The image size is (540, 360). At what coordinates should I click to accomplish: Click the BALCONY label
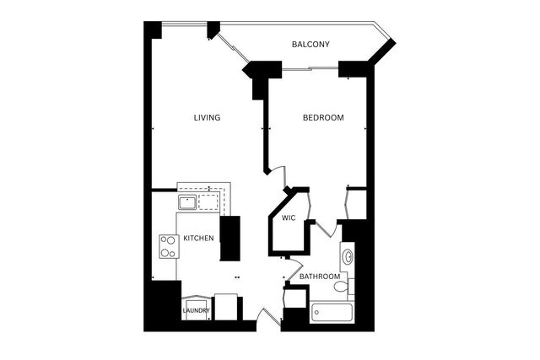[x=310, y=45]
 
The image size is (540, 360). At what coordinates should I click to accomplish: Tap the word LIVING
[x=207, y=118]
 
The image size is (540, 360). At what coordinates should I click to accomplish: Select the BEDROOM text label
[x=323, y=118]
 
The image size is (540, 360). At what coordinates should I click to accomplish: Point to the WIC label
[x=288, y=218]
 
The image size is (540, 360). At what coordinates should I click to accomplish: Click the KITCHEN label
[x=198, y=239]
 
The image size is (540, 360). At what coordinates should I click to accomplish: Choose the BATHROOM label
[x=320, y=277]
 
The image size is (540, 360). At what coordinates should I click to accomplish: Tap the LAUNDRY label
[x=196, y=311]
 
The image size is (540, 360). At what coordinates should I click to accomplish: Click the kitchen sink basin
[x=187, y=202]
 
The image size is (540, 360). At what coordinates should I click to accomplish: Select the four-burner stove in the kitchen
[x=166, y=245]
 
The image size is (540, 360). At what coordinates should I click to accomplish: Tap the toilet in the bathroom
[x=342, y=287]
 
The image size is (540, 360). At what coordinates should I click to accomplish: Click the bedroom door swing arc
[x=277, y=170]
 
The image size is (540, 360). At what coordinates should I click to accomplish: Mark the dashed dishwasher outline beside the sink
[x=208, y=201]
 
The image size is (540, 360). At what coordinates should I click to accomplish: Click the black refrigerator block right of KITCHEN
[x=229, y=239]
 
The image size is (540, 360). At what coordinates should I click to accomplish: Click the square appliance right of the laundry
[x=226, y=306]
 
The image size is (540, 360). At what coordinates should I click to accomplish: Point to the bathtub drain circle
[x=316, y=313]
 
